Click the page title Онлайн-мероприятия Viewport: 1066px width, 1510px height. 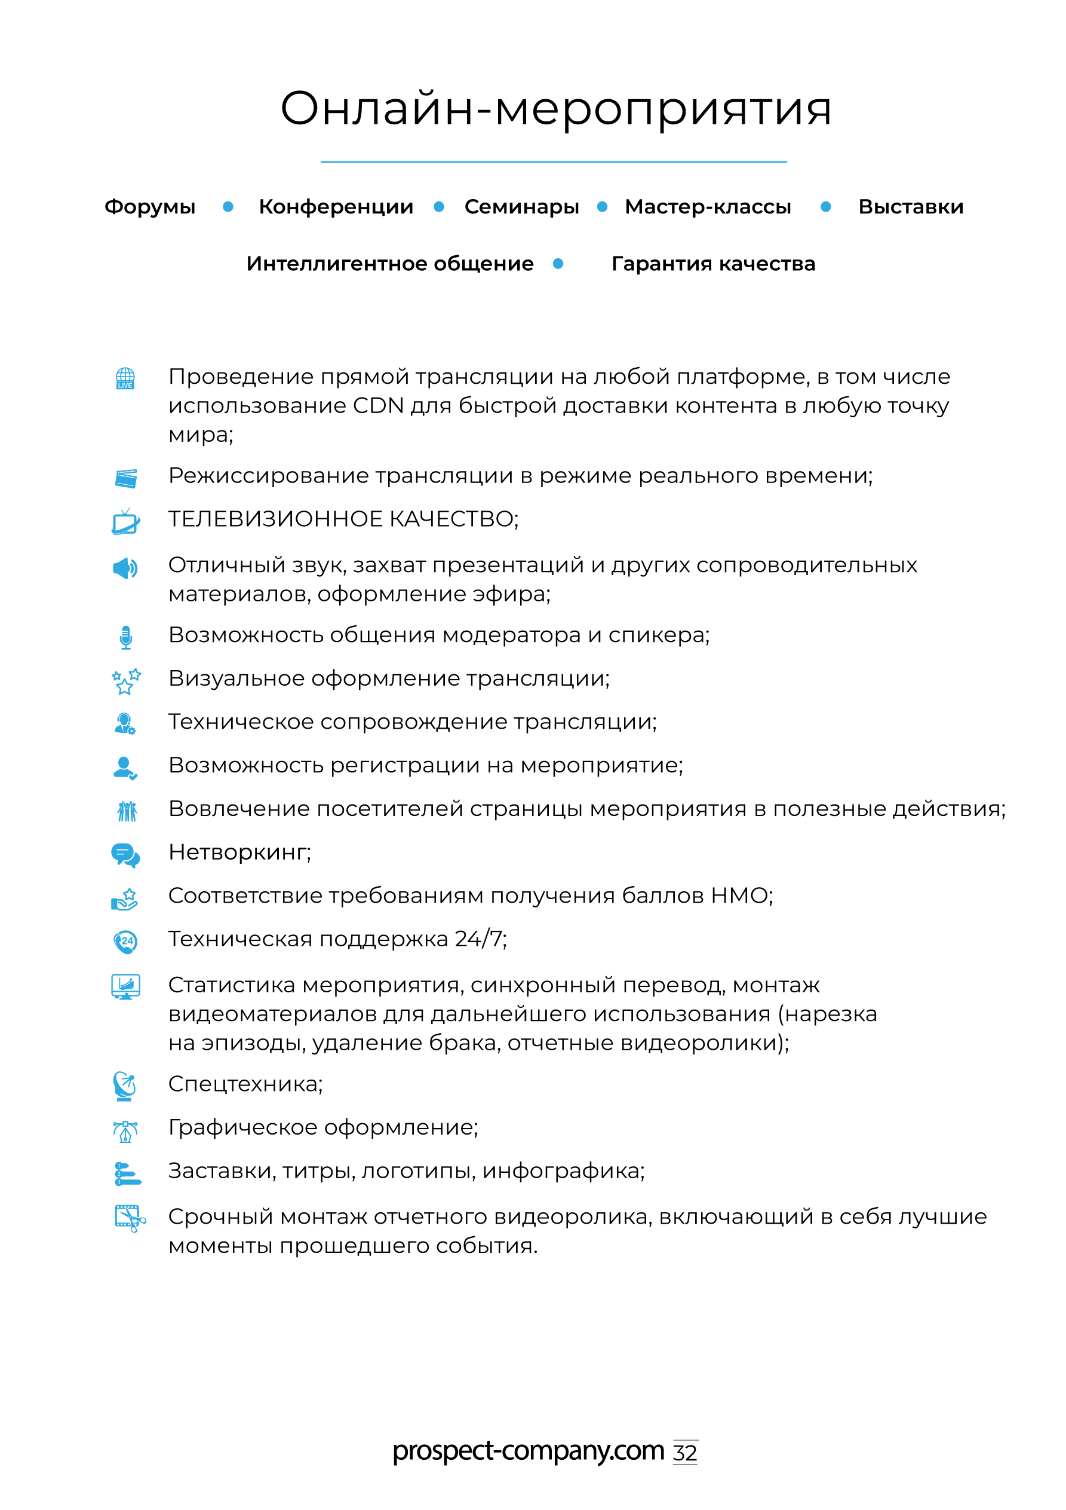[556, 109]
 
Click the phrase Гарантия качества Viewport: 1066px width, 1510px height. [713, 264]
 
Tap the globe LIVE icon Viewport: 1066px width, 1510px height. [125, 379]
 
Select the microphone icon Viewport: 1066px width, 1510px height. [125, 637]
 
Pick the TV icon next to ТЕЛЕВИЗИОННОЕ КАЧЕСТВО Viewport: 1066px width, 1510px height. [125, 522]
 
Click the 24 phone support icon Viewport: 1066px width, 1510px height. [125, 941]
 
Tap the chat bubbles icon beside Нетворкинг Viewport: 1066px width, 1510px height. [125, 854]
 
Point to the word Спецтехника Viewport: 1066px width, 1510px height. [244, 1083]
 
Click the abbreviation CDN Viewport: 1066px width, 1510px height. [378, 406]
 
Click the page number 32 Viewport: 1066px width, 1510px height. [685, 1452]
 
